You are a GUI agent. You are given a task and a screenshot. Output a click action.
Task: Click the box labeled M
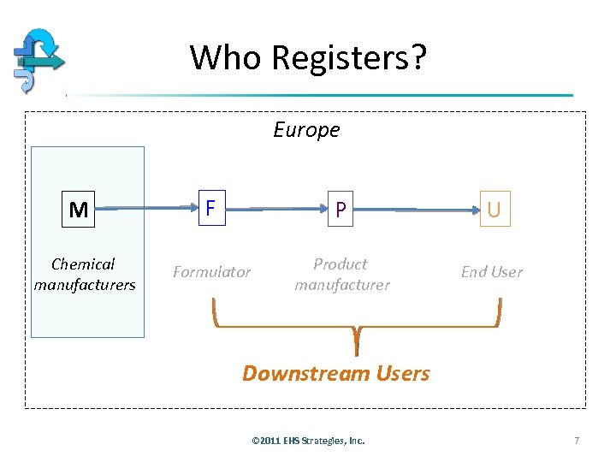pos(79,210)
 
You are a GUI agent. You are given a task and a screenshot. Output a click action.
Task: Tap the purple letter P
pos(341,210)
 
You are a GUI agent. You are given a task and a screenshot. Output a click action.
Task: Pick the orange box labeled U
pos(494,210)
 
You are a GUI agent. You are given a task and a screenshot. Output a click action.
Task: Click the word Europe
pos(306,130)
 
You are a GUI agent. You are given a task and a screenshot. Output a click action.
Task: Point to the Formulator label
pos(211,272)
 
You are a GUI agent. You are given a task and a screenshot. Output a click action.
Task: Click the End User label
pos(491,272)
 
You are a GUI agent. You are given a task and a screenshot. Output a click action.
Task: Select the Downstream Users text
pos(336,373)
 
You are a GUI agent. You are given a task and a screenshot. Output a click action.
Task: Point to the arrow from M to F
pos(145,208)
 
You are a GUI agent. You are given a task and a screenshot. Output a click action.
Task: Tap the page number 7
pos(577,441)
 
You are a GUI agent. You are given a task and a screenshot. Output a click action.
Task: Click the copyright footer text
pos(308,441)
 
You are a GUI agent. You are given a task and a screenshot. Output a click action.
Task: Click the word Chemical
pos(83,264)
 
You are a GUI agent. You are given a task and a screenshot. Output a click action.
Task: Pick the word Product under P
pos(340,264)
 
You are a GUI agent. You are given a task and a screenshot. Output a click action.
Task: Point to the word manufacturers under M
pos(85,285)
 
